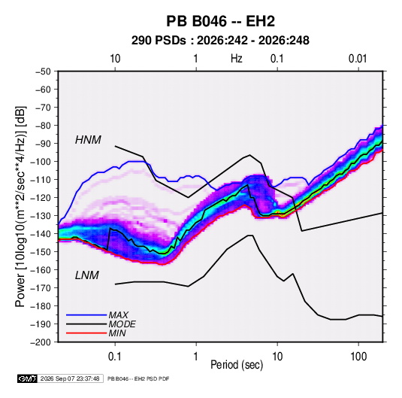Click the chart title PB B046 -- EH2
click(x=220, y=21)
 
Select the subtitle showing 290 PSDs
click(x=220, y=41)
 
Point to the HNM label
click(x=88, y=140)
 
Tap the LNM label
click(x=87, y=275)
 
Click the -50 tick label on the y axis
click(x=43, y=71)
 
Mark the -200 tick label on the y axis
click(x=41, y=342)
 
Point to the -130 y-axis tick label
click(x=41, y=216)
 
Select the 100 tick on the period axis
click(x=358, y=357)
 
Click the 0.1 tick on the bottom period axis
click(x=115, y=357)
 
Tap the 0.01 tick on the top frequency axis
click(x=358, y=59)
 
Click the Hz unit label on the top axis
click(x=237, y=59)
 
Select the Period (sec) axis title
click(x=237, y=365)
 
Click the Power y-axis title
click(x=20, y=207)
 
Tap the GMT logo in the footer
click(x=28, y=378)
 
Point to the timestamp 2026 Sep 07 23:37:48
click(x=70, y=378)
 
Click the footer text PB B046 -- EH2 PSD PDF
click(x=138, y=378)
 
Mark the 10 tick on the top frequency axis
click(x=115, y=59)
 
